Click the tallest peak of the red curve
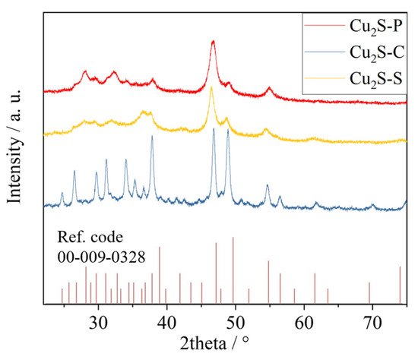click(213, 42)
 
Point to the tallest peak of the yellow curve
click(211, 89)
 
